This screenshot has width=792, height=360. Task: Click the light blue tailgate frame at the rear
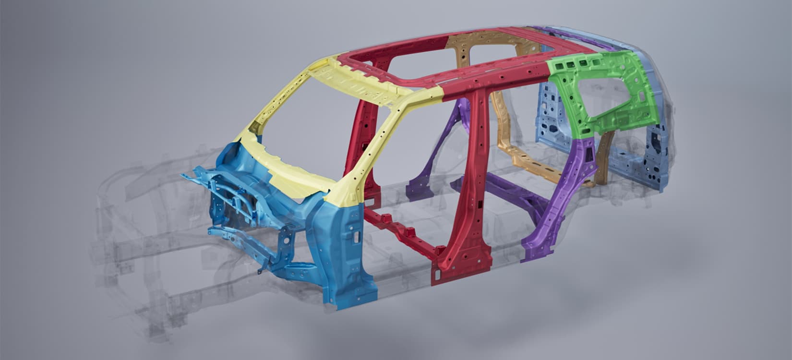coord(658,144)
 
